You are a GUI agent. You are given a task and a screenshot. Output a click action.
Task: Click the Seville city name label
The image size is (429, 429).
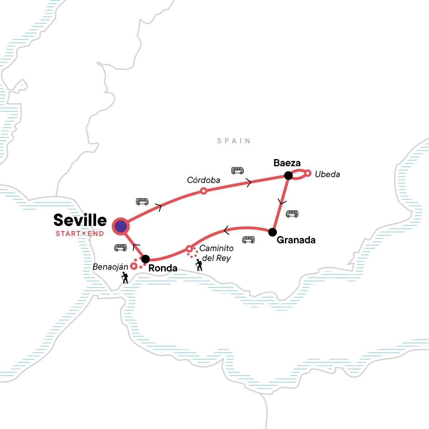(x=80, y=220)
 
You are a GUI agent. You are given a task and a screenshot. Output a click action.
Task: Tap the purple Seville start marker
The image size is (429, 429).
(x=120, y=226)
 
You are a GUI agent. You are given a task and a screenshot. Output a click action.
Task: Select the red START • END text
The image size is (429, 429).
(x=80, y=234)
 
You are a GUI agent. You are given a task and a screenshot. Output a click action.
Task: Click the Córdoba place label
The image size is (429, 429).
(x=203, y=180)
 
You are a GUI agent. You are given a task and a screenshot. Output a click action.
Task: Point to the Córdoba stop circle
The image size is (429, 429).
(x=203, y=191)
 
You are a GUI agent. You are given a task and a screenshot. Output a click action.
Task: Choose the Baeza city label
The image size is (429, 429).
(x=287, y=163)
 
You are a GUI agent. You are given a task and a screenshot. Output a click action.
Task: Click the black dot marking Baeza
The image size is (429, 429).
(x=288, y=176)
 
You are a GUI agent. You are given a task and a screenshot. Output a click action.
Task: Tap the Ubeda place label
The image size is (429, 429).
(x=327, y=174)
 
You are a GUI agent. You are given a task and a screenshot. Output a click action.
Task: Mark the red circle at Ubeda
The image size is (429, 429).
(x=307, y=173)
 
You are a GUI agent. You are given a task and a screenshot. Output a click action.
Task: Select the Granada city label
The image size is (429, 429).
(x=296, y=240)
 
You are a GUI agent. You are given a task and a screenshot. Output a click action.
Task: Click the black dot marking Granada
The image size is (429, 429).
(x=272, y=232)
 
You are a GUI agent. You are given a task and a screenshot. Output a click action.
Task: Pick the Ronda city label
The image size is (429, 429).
(x=163, y=268)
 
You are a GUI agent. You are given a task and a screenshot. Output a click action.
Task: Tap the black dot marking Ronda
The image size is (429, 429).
(x=146, y=259)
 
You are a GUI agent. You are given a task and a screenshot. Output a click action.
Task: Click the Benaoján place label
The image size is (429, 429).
(x=110, y=267)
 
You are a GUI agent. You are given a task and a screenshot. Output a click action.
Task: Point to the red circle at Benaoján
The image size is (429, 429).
(x=133, y=266)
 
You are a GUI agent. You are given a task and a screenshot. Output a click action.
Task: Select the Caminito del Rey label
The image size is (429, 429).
(x=216, y=253)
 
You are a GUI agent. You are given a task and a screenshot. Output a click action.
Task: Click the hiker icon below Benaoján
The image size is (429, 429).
(x=125, y=278)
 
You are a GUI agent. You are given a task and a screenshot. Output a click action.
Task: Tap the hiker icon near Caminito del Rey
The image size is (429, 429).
(x=199, y=265)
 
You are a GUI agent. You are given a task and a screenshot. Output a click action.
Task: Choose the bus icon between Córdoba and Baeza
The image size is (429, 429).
(x=237, y=171)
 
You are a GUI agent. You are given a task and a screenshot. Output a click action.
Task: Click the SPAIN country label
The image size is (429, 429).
(x=234, y=141)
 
